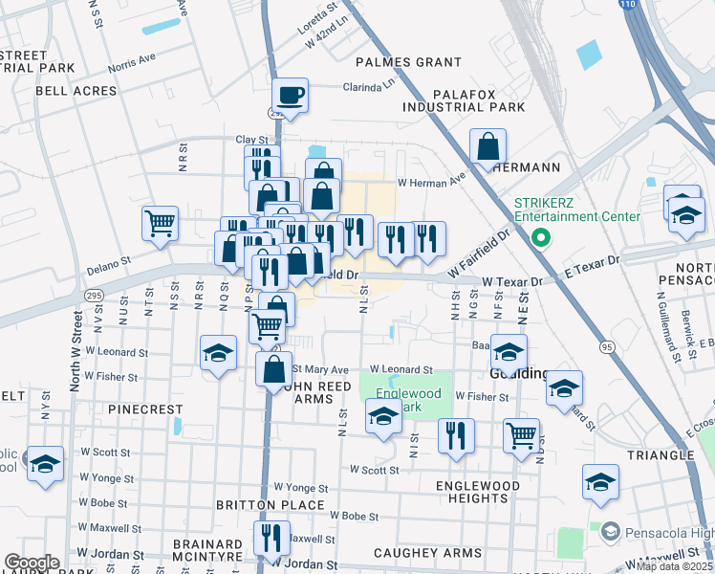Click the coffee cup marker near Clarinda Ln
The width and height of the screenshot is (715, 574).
click(x=290, y=96)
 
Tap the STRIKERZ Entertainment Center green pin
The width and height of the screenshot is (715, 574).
click(x=540, y=236)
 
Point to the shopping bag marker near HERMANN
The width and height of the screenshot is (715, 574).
click(x=487, y=147)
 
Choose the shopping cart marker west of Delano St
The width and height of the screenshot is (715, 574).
click(x=160, y=223)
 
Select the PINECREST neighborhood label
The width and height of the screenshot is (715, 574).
click(x=145, y=408)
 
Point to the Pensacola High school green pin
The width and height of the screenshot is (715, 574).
click(x=608, y=530)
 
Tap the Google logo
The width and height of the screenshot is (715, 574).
click(x=32, y=563)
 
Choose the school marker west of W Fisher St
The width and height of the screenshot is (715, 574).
click(x=218, y=353)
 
